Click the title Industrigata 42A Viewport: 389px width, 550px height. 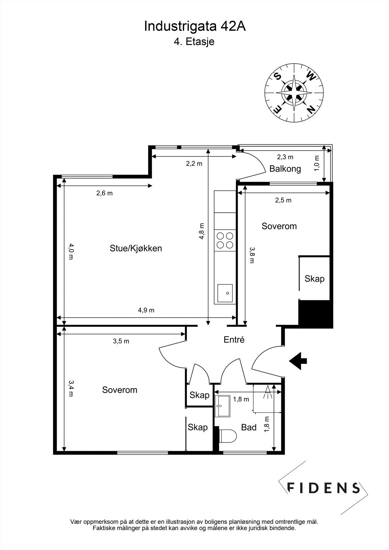click(x=195, y=26)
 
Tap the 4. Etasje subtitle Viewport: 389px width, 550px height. click(x=194, y=42)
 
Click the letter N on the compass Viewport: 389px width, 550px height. click(x=311, y=109)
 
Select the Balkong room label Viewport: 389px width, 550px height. click(x=285, y=169)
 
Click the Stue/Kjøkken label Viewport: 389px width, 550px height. click(x=136, y=249)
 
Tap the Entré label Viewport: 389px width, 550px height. click(x=234, y=340)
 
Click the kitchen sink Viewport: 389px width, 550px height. click(x=225, y=293)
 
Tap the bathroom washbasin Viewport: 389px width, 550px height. click(x=223, y=406)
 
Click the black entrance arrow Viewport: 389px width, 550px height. click(x=298, y=361)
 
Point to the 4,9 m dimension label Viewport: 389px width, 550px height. click(x=146, y=310)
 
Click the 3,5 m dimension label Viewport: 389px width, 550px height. click(x=121, y=341)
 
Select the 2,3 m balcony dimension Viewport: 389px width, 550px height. click(x=285, y=157)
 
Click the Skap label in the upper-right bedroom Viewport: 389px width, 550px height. click(x=315, y=279)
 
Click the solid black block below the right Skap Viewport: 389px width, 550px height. click(x=315, y=314)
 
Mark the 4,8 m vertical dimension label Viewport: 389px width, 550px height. click(x=202, y=231)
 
